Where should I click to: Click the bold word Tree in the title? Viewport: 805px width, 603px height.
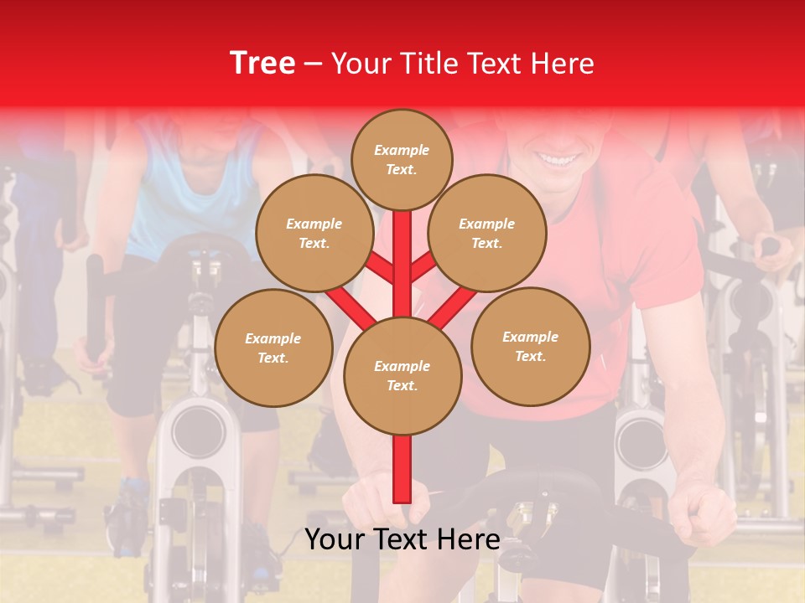click(x=262, y=64)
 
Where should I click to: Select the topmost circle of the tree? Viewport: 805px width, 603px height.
click(x=402, y=159)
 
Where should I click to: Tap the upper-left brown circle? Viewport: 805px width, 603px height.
click(x=314, y=233)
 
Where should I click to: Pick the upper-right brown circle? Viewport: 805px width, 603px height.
click(x=487, y=233)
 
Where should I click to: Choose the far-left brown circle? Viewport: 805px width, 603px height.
click(x=273, y=348)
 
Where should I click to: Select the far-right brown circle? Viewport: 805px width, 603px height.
click(x=530, y=346)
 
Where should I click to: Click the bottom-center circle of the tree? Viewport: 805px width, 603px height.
click(x=402, y=375)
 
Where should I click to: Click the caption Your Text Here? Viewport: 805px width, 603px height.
click(x=402, y=539)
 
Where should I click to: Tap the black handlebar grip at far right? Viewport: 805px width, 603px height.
click(x=770, y=246)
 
